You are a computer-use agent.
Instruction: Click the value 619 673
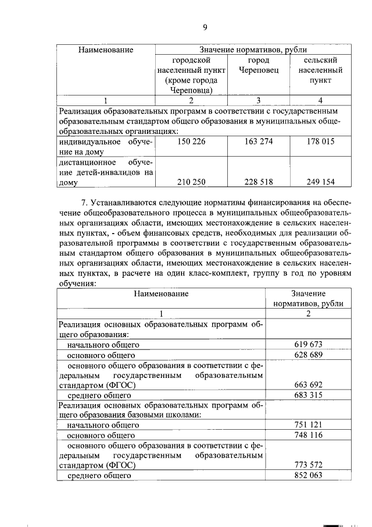309,344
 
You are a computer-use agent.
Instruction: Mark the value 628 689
309,355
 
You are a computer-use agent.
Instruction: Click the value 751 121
309,425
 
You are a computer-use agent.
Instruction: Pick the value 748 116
309,435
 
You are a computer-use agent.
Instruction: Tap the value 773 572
309,465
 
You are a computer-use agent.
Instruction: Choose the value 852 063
309,476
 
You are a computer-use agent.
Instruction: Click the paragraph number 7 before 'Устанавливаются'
84,203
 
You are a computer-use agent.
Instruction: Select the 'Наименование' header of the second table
161,293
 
